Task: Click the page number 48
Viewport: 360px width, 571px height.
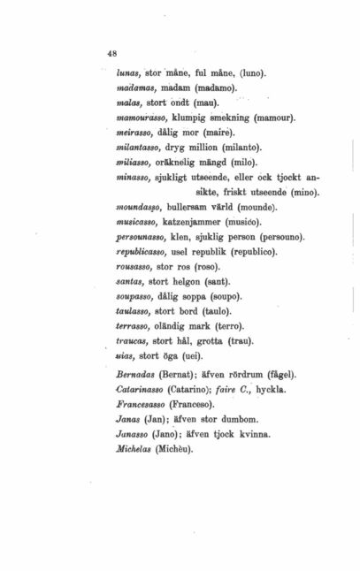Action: [x=111, y=53]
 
